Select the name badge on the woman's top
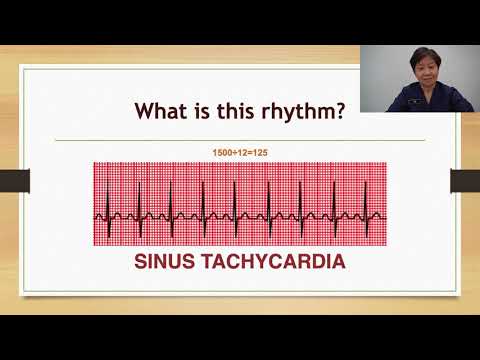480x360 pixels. point(434,98)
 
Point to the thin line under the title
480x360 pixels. point(240,140)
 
